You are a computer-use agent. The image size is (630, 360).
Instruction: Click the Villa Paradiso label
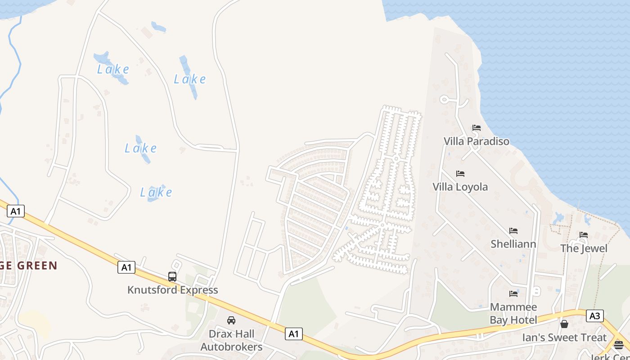point(477,141)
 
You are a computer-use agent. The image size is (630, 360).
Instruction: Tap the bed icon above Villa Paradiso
point(477,128)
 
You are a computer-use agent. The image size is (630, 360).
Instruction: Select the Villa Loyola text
point(460,187)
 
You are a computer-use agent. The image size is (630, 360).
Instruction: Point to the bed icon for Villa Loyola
point(460,174)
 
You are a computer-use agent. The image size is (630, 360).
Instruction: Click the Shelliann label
point(513,244)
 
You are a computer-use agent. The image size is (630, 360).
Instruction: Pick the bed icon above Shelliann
point(513,231)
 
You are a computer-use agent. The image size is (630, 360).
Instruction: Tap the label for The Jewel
point(584,248)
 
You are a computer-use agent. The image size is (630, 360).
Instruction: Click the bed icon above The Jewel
point(584,235)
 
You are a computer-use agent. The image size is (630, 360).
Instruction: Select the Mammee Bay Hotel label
point(513,314)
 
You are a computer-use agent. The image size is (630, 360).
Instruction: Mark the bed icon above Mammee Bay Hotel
point(513,294)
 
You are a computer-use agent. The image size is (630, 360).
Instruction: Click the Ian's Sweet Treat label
point(564,337)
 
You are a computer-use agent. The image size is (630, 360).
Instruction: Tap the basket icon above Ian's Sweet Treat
point(564,324)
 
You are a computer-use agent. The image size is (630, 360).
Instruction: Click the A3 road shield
point(595,316)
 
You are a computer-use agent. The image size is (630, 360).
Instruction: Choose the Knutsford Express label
point(172,290)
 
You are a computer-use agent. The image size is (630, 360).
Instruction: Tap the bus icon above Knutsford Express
point(172,277)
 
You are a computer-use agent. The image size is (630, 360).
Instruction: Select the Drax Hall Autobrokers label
point(231,340)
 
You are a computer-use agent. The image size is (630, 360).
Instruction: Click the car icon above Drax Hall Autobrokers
point(231,320)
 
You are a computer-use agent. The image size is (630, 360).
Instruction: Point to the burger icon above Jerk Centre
point(619,345)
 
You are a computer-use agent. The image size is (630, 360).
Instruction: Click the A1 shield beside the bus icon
point(126,267)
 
